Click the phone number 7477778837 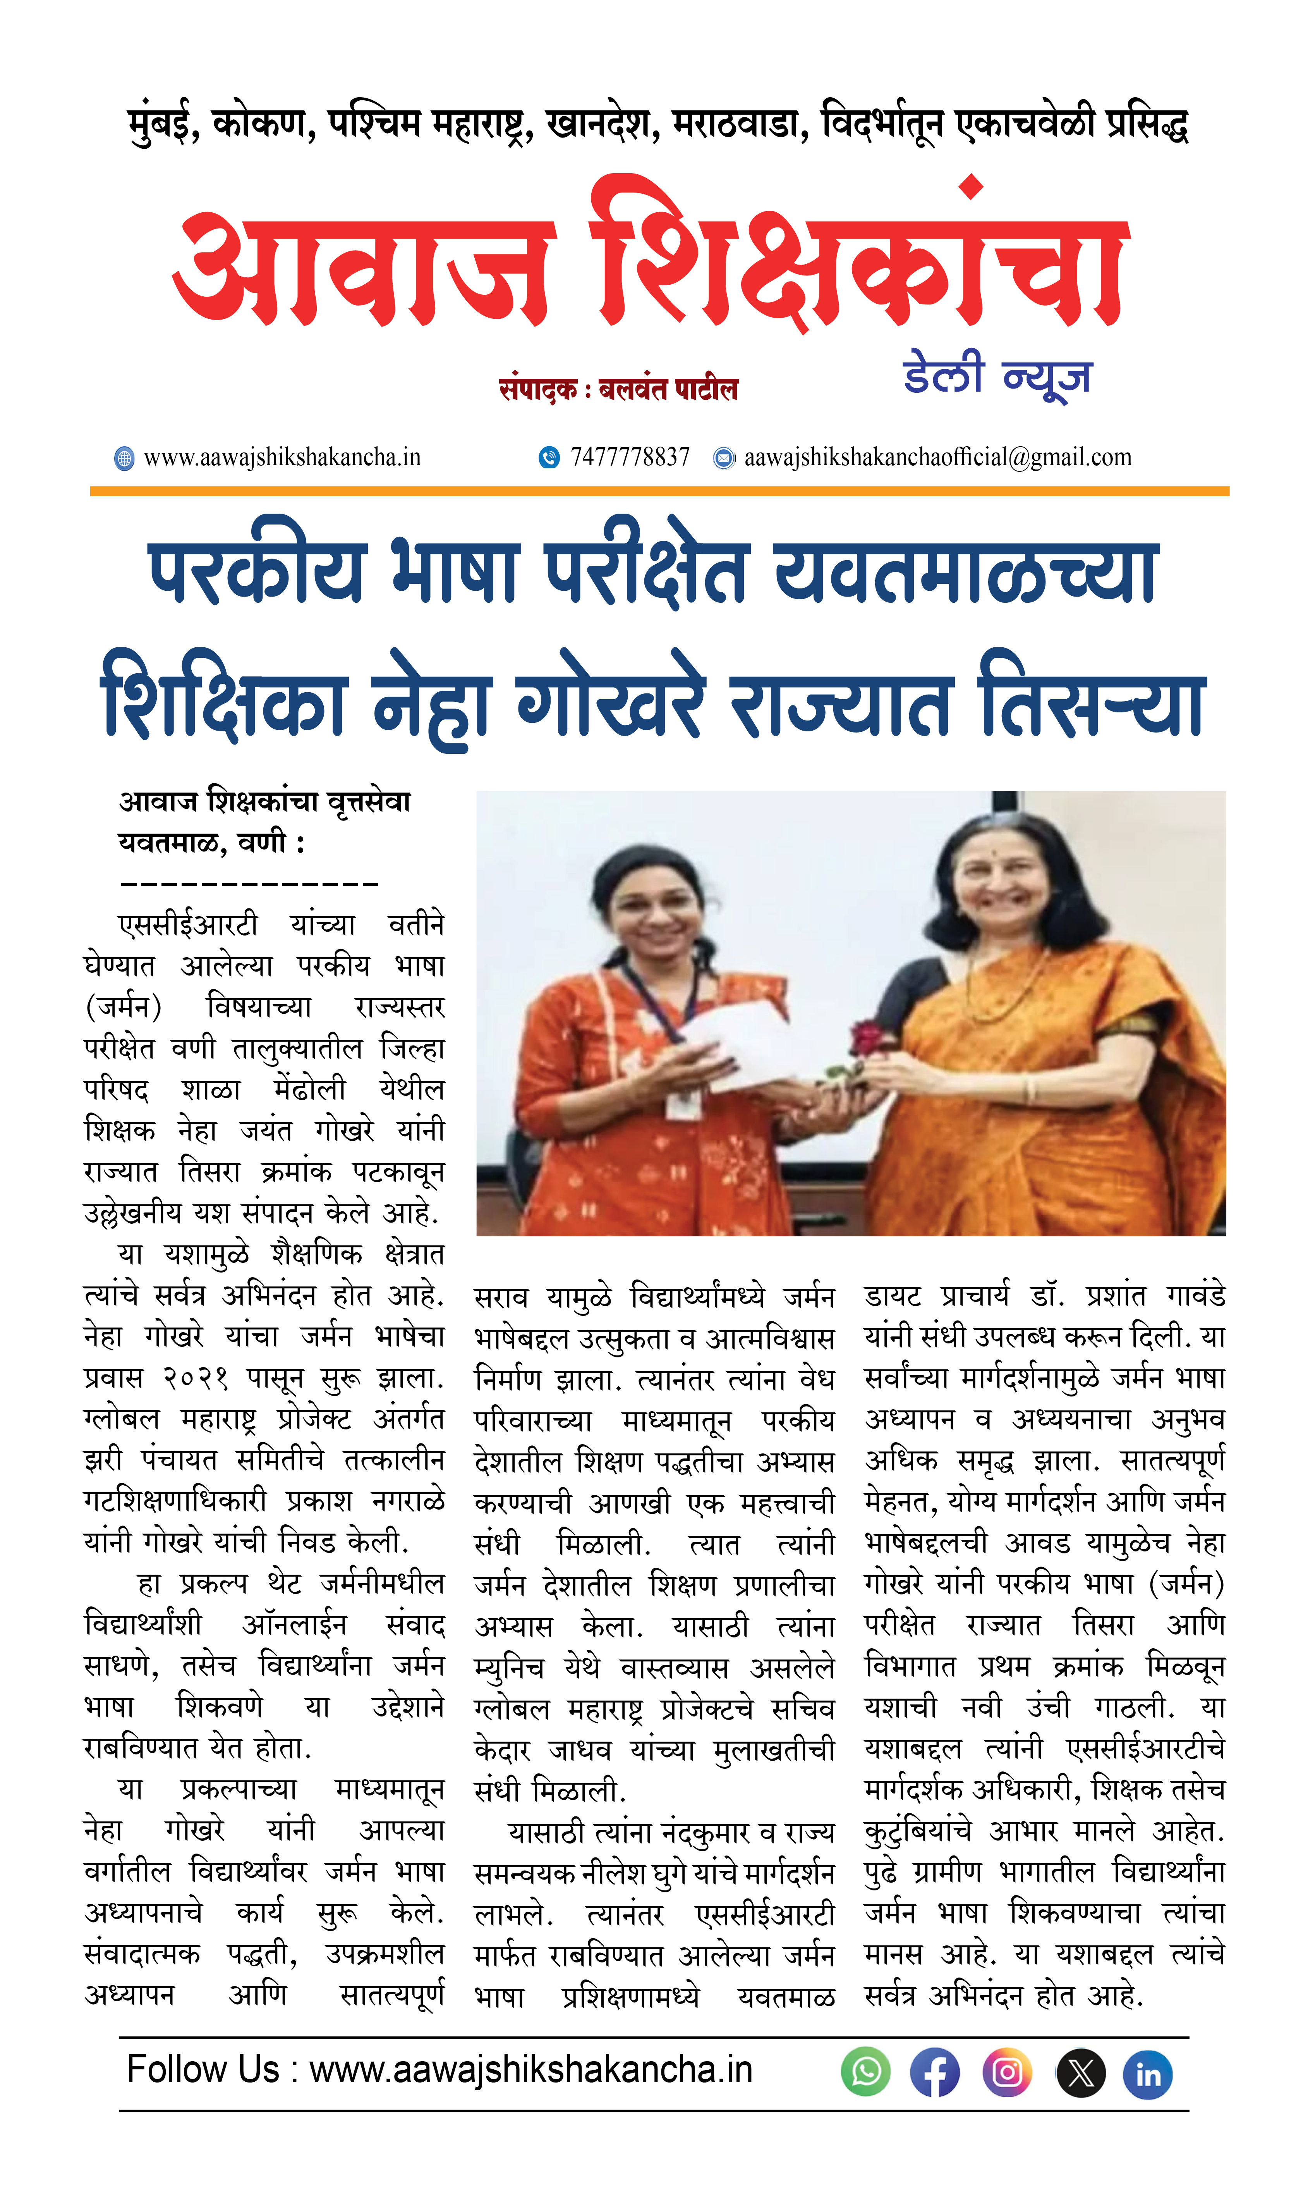click(x=630, y=457)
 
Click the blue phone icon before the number click(x=549, y=457)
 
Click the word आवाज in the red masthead click(x=363, y=267)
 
